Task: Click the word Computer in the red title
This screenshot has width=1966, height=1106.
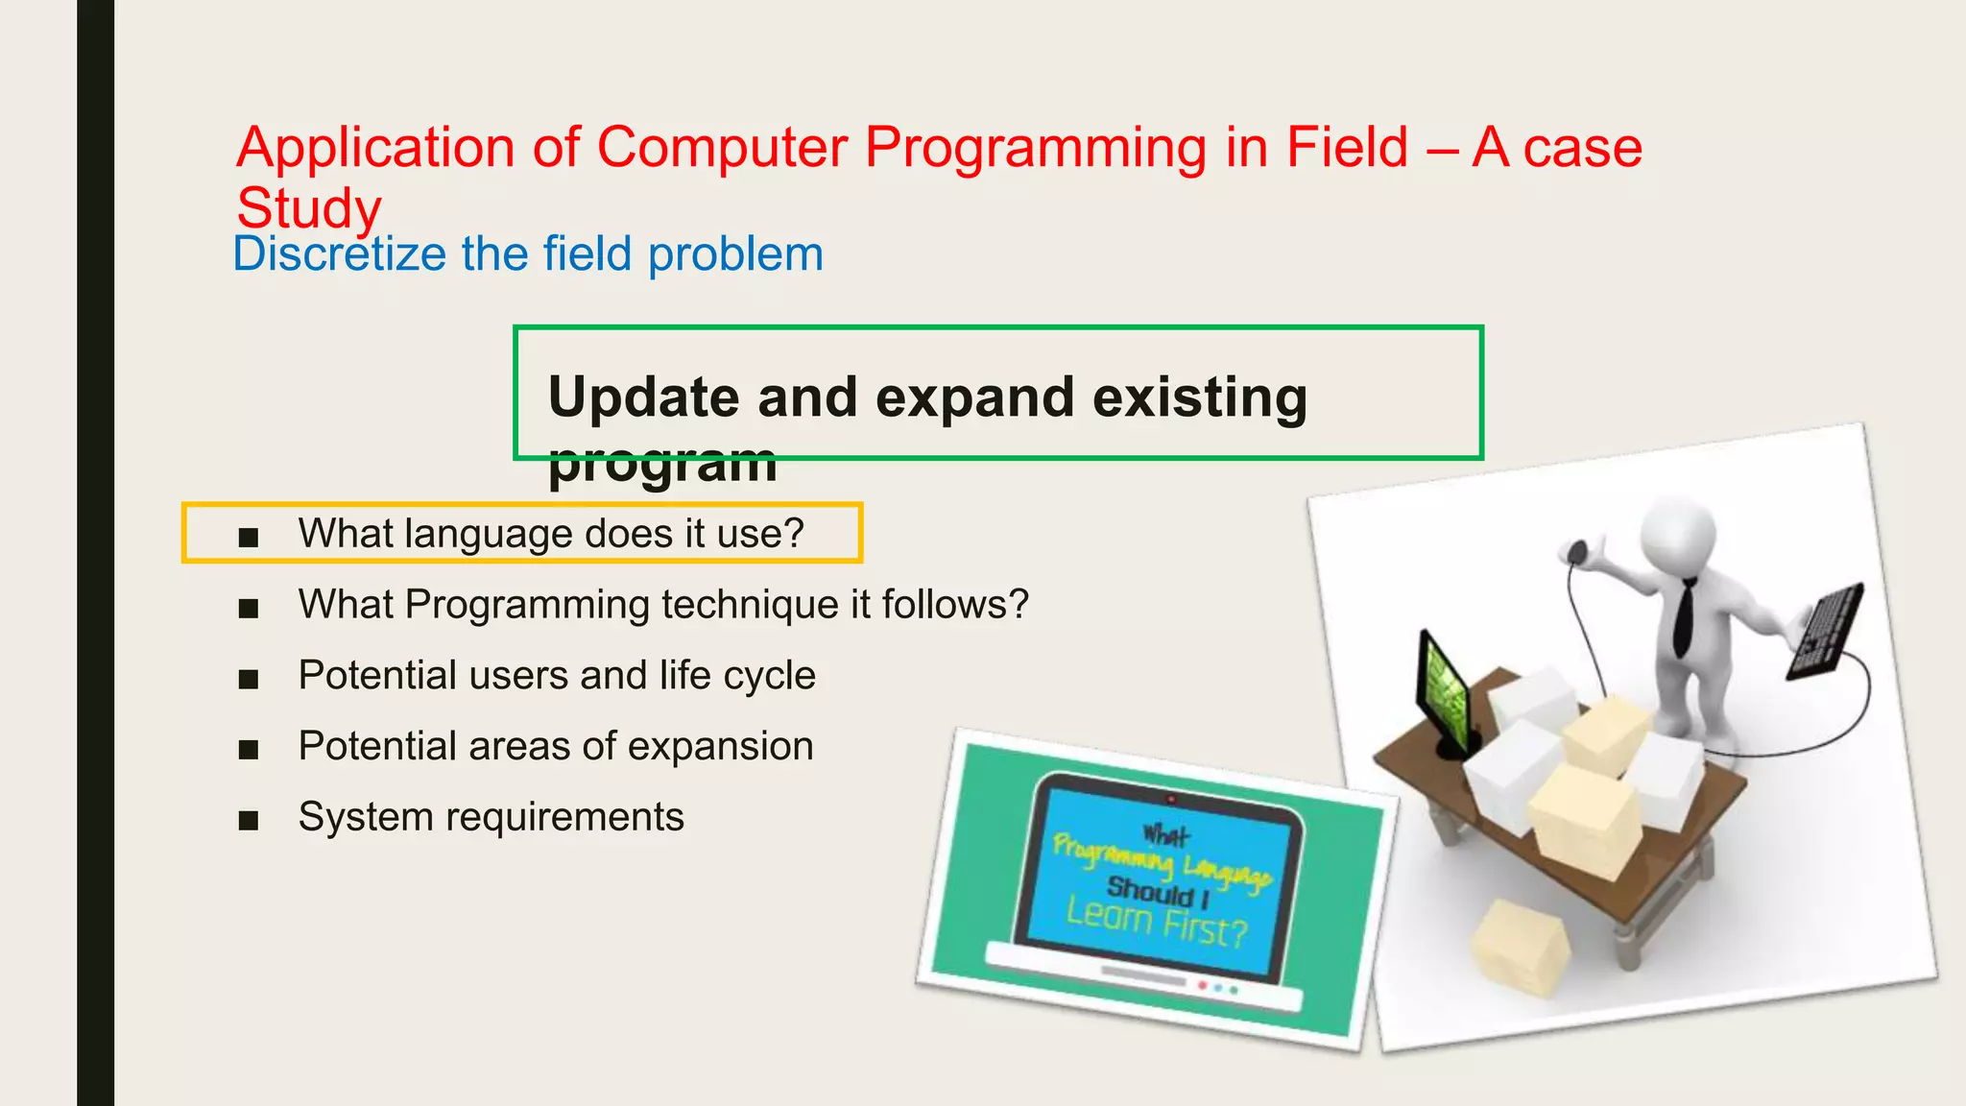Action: click(722, 148)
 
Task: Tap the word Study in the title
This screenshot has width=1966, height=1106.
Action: click(309, 208)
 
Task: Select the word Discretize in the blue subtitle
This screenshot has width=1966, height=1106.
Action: click(339, 254)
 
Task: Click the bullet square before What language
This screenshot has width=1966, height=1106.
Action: click(249, 537)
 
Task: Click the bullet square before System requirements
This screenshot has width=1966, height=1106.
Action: click(249, 820)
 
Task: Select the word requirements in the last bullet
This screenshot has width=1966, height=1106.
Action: click(564, 818)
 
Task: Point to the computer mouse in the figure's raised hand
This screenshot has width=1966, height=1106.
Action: click(1577, 551)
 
